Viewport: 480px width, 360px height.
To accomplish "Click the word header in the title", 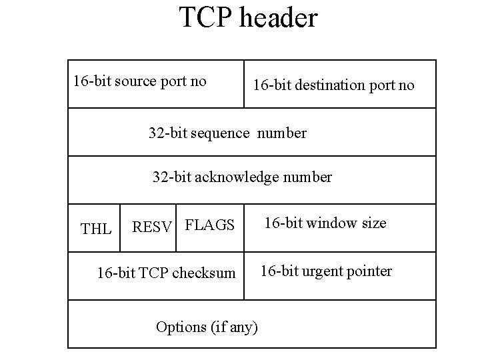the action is (x=281, y=18).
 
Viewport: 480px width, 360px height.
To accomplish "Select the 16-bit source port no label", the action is (x=140, y=81).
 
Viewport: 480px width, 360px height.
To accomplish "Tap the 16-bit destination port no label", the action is (x=333, y=85).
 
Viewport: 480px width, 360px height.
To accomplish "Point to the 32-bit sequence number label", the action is (x=227, y=133).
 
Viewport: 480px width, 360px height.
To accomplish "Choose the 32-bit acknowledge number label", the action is (x=242, y=177).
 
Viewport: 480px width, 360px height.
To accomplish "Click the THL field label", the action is (x=96, y=229).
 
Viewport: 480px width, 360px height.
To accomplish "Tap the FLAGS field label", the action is (x=209, y=225).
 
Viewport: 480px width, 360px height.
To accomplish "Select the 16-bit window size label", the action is (x=326, y=223).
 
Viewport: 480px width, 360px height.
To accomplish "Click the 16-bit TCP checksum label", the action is (x=166, y=273).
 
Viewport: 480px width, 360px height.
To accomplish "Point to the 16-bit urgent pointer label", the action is (x=326, y=270).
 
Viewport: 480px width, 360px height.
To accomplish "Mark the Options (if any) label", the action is (x=207, y=327).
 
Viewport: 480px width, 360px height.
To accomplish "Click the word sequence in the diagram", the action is (x=221, y=133).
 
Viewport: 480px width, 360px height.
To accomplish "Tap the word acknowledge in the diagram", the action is (x=236, y=177).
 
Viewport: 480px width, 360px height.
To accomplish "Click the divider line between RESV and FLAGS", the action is (x=177, y=227).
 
